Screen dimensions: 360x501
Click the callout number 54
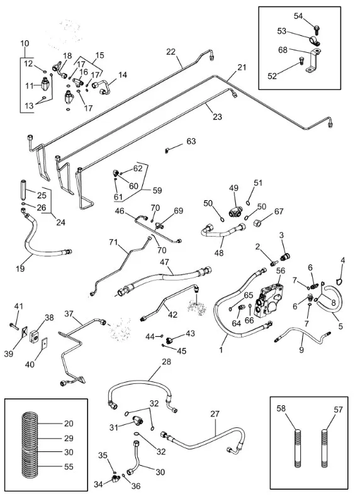pyautogui.click(x=298, y=16)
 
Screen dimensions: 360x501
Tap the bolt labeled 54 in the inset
pyautogui.click(x=317, y=30)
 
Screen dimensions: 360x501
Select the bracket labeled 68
pyautogui.click(x=313, y=60)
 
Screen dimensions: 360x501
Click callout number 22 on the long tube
pyautogui.click(x=171, y=52)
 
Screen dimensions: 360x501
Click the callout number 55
pyautogui.click(x=69, y=467)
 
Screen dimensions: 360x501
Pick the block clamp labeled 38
pyautogui.click(x=35, y=335)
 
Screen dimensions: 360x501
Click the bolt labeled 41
pyautogui.click(x=14, y=325)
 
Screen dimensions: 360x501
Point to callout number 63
pyautogui.click(x=191, y=141)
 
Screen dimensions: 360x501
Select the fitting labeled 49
pyautogui.click(x=234, y=211)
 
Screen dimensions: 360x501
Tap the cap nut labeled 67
pyautogui.click(x=257, y=222)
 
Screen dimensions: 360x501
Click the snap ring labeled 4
pyautogui.click(x=340, y=281)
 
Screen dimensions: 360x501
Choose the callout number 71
pyautogui.click(x=114, y=242)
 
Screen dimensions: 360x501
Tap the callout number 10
pyautogui.click(x=25, y=43)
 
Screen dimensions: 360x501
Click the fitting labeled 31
pyautogui.click(x=138, y=420)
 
